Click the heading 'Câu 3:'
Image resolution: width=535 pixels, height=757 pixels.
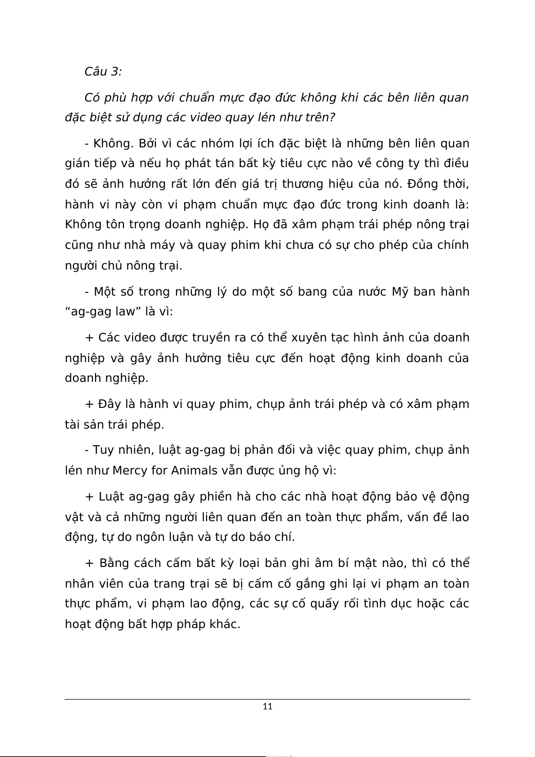pyautogui.click(x=103, y=71)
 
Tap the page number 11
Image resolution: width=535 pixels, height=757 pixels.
pyautogui.click(x=267, y=706)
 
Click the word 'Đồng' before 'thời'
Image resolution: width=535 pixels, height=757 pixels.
pyautogui.click(x=422, y=184)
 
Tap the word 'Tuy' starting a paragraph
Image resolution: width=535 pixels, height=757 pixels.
pyautogui.click(x=104, y=450)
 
